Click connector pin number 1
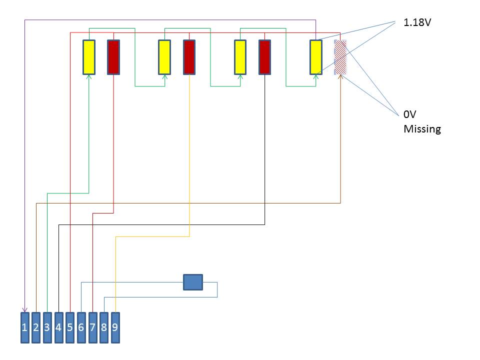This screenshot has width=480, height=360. [25, 327]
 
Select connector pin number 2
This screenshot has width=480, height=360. [36, 327]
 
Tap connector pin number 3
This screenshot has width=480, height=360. [47, 327]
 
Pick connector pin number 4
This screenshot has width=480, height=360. [58, 327]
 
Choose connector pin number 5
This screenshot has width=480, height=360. [70, 327]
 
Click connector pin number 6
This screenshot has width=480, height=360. [81, 327]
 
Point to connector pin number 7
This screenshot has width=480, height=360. [92, 327]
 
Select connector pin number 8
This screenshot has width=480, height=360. [104, 327]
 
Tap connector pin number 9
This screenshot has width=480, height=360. [115, 327]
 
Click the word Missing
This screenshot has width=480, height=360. [422, 129]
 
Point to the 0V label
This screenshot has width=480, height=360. [410, 114]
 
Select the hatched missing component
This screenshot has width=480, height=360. [340, 57]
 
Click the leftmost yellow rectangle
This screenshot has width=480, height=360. [89, 57]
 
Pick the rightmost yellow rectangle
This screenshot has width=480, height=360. [315, 57]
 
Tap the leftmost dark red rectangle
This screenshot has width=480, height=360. [113, 57]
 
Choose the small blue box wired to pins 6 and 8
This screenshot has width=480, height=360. [193, 282]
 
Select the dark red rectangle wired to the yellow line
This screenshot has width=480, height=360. [189, 57]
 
